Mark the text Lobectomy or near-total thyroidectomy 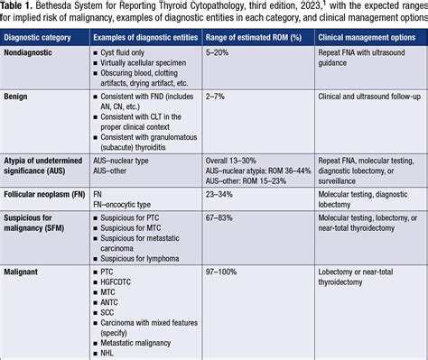click(365, 275)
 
